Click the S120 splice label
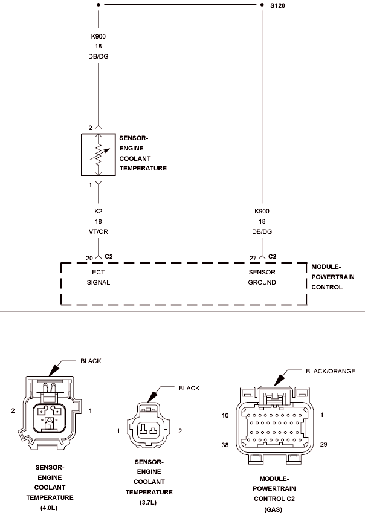coord(277,5)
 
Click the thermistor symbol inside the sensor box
coord(99,155)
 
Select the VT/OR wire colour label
coord(99,231)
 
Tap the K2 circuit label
coord(98,211)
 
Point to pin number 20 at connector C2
coord(89,258)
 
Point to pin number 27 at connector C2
coord(253,258)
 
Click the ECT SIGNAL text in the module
coord(99,277)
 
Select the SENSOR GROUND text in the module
coord(262,277)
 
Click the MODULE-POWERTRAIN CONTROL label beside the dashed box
coord(333,277)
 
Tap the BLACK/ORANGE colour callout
coord(331,371)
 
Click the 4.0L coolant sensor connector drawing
coord(50,412)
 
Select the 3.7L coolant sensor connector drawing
coord(149,425)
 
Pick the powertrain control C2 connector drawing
coord(274,425)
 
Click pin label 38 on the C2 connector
coord(225,445)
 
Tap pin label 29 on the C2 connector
coord(323,444)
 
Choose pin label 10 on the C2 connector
coord(225,415)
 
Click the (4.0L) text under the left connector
coord(49,508)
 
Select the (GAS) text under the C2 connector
coord(273,509)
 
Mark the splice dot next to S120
coord(262,5)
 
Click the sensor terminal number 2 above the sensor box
coord(90,128)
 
